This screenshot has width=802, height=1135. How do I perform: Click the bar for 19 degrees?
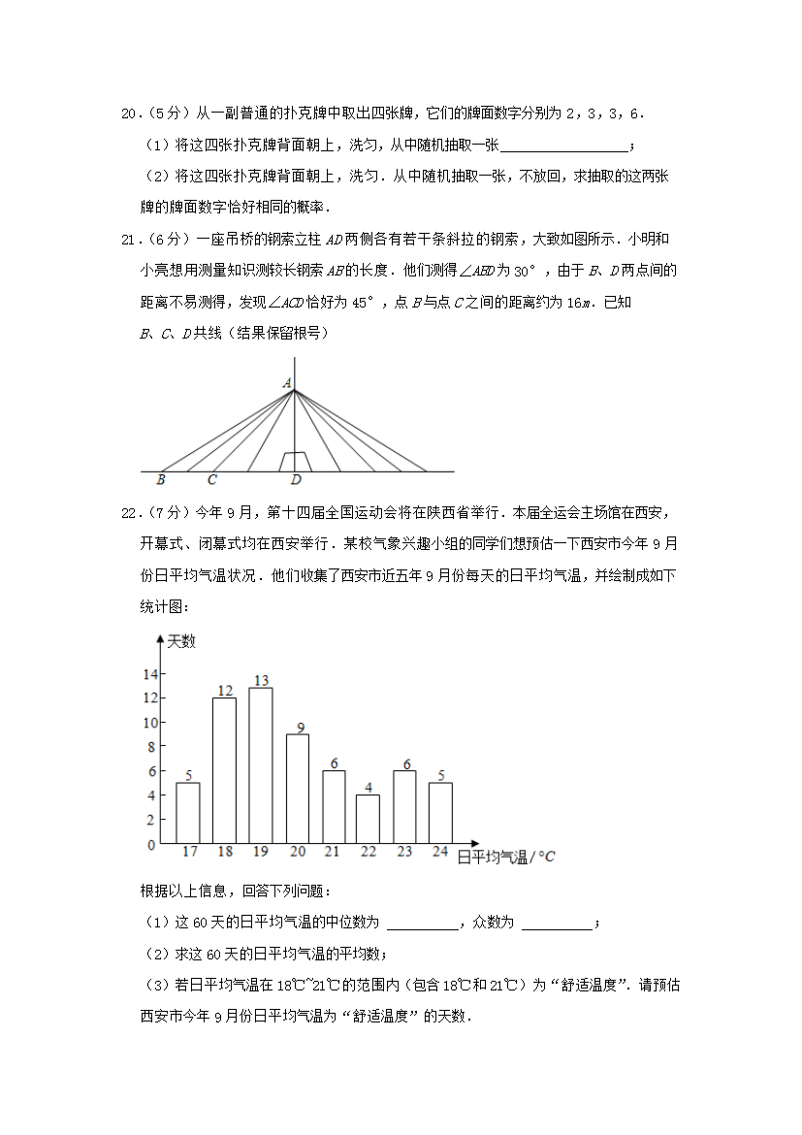click(260, 764)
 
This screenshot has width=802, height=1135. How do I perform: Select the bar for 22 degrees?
click(368, 819)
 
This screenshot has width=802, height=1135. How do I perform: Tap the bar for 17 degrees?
click(188, 812)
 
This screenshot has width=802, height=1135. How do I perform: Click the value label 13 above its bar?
click(261, 680)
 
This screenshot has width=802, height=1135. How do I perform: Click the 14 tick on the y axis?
click(149, 674)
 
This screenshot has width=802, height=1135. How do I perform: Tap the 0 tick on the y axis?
click(151, 845)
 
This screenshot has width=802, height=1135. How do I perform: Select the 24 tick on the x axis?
click(439, 852)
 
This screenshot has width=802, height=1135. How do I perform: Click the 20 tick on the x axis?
click(298, 852)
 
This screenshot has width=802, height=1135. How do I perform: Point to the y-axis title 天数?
click(181, 641)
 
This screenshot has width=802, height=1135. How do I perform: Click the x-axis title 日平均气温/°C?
click(505, 857)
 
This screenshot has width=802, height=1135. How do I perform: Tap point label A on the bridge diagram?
click(287, 384)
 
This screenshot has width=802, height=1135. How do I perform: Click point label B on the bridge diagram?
click(160, 479)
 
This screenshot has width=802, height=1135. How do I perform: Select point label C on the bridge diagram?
click(211, 479)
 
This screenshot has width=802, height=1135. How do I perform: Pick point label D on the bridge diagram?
click(296, 479)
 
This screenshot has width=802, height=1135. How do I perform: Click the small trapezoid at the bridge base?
click(296, 462)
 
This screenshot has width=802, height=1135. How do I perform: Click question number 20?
click(130, 113)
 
